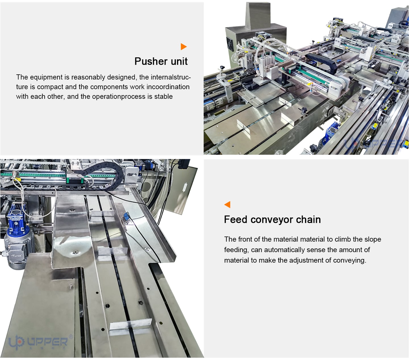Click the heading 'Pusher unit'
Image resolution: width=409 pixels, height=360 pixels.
[161, 61]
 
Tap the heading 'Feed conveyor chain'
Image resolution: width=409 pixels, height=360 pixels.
[272, 219]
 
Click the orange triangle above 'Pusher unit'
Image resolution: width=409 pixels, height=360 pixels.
[183, 47]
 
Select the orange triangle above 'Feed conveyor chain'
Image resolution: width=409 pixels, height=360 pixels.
[227, 204]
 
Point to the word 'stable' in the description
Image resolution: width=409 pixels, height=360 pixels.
[163, 97]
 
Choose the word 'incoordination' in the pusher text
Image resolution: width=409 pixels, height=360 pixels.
[168, 87]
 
